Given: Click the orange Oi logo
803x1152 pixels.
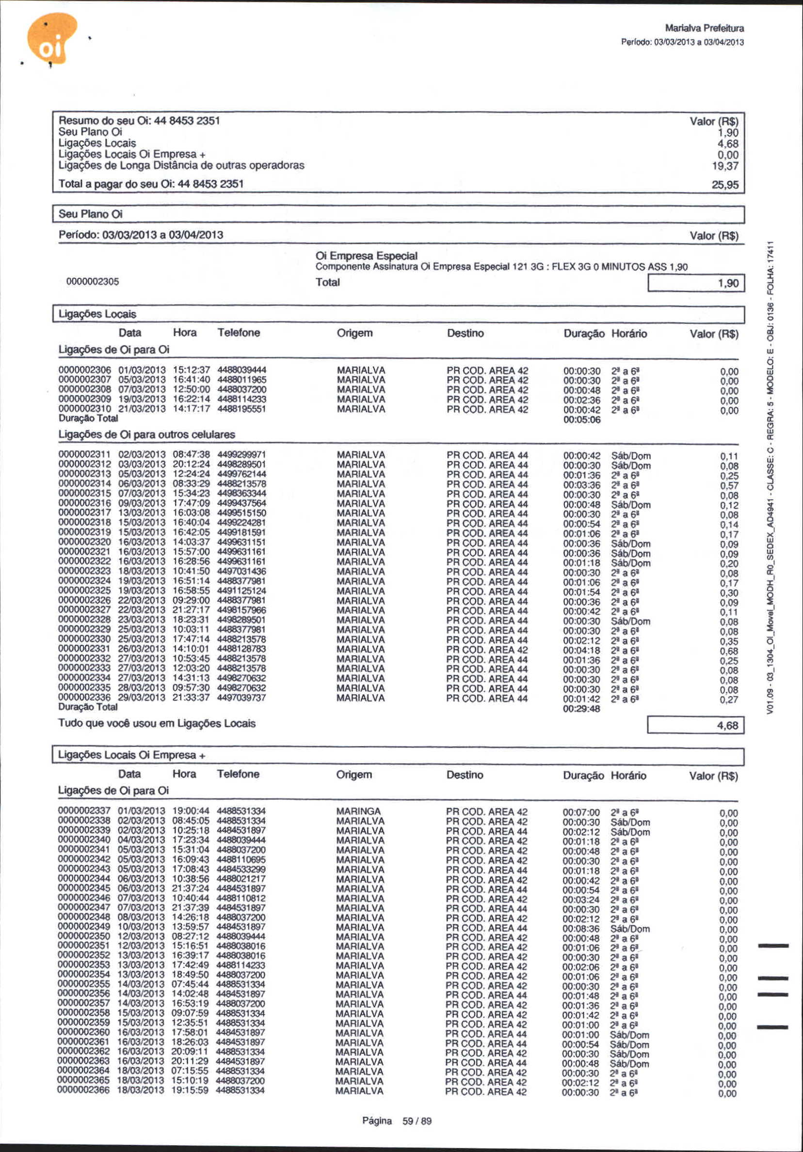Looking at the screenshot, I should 52,39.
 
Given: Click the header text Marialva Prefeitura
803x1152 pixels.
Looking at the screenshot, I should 704,28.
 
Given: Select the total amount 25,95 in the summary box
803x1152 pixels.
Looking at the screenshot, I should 724,185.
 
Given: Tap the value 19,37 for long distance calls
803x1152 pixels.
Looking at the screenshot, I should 724,166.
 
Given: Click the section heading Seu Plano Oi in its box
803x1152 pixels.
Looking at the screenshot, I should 90,214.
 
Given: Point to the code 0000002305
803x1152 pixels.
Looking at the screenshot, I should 93,281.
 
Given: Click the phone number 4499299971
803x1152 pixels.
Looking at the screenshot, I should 241,454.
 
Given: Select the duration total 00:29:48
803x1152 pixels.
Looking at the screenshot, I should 581,709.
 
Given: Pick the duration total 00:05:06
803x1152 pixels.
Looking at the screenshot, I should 581,420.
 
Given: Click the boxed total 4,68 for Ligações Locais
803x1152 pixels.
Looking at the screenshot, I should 727,726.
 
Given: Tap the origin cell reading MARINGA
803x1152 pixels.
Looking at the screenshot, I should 358,811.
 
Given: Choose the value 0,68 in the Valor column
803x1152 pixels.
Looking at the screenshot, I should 729,651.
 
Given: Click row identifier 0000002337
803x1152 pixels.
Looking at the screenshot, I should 84,811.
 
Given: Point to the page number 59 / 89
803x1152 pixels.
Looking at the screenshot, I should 417,1121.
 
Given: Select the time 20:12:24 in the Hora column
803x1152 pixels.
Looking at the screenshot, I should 192,465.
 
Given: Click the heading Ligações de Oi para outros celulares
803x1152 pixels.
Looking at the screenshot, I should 146,435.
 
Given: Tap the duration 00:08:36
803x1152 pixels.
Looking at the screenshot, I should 580,929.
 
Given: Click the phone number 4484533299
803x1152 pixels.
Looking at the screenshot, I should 241,869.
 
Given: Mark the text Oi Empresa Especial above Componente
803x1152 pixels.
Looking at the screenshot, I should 366,256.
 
